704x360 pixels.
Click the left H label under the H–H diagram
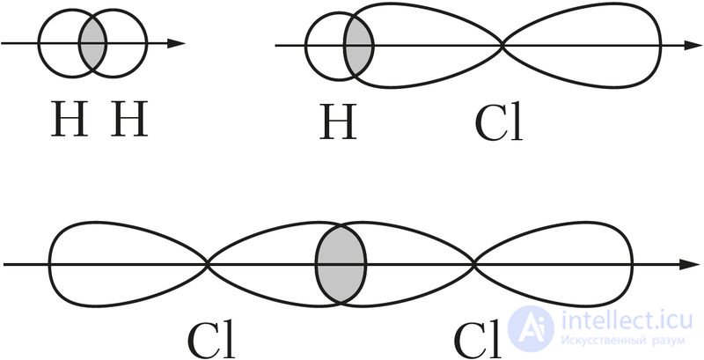[x=68, y=122]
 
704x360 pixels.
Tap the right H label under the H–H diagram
[x=128, y=122]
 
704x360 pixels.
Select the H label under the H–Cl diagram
[x=338, y=124]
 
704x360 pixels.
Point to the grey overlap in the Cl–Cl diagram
[x=341, y=263]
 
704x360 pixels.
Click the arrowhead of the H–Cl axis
[x=686, y=44]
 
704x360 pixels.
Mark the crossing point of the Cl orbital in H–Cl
[x=502, y=44]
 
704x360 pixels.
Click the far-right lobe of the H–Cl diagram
[x=585, y=44]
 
